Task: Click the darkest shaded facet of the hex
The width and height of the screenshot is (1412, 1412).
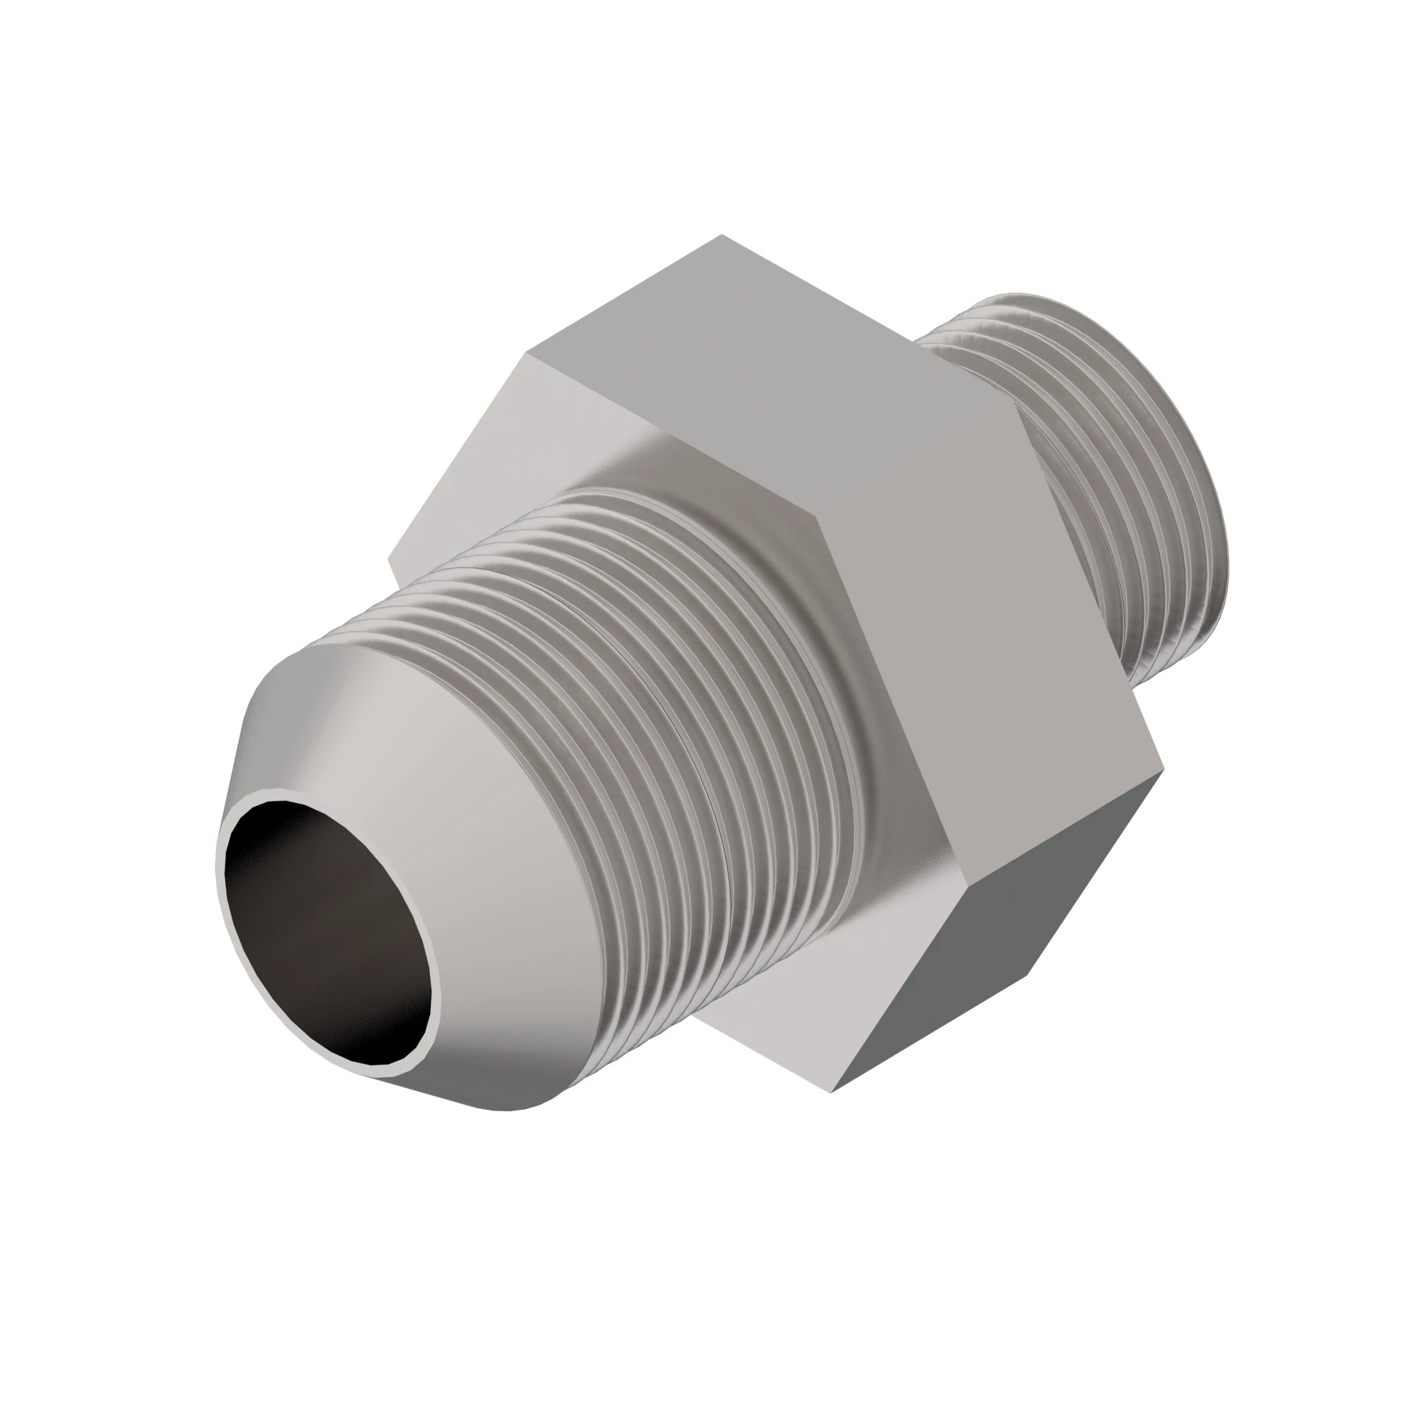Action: pyautogui.click(x=1001, y=950)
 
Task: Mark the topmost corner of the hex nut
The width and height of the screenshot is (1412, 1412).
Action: pyautogui.click(x=722, y=234)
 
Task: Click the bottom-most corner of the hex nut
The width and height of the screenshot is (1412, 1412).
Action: pyautogui.click(x=832, y=1113)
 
